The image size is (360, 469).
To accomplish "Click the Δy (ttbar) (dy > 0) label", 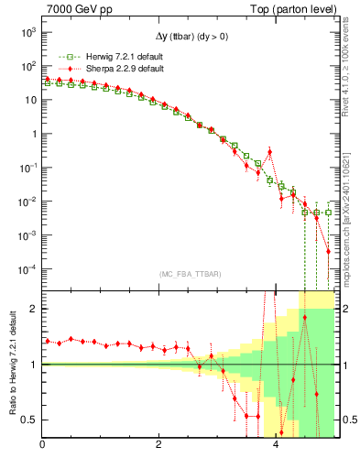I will pos(190,35).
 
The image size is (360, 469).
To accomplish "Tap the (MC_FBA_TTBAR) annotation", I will pos(189,274).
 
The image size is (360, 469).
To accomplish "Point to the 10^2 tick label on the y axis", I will pos(27,66).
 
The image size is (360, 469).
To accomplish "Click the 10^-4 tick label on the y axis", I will pos(27,268).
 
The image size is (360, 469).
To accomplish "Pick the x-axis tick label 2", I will pos(159,446).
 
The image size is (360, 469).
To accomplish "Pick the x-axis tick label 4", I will pos(277,446).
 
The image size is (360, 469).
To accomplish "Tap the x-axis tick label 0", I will pos(42,446).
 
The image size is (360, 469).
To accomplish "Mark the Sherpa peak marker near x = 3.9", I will pos(269,152).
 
